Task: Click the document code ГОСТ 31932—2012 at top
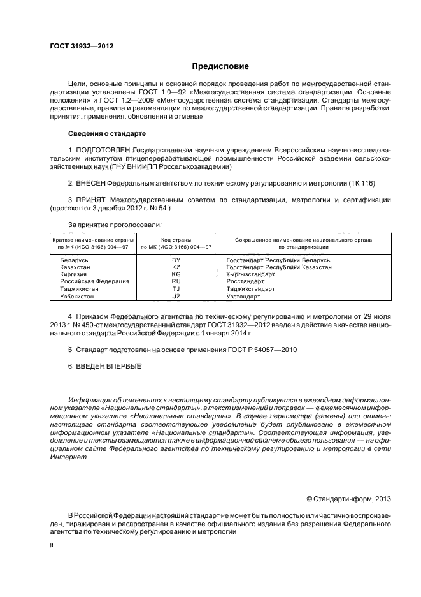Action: click(77, 46)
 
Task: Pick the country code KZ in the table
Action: click(176, 268)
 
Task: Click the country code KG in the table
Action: click(176, 274)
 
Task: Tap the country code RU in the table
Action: click(176, 281)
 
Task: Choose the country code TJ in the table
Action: click(176, 289)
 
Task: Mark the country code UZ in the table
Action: click(176, 297)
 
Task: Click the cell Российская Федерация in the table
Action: click(95, 281)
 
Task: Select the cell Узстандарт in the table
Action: click(243, 297)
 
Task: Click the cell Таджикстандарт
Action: click(250, 289)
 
